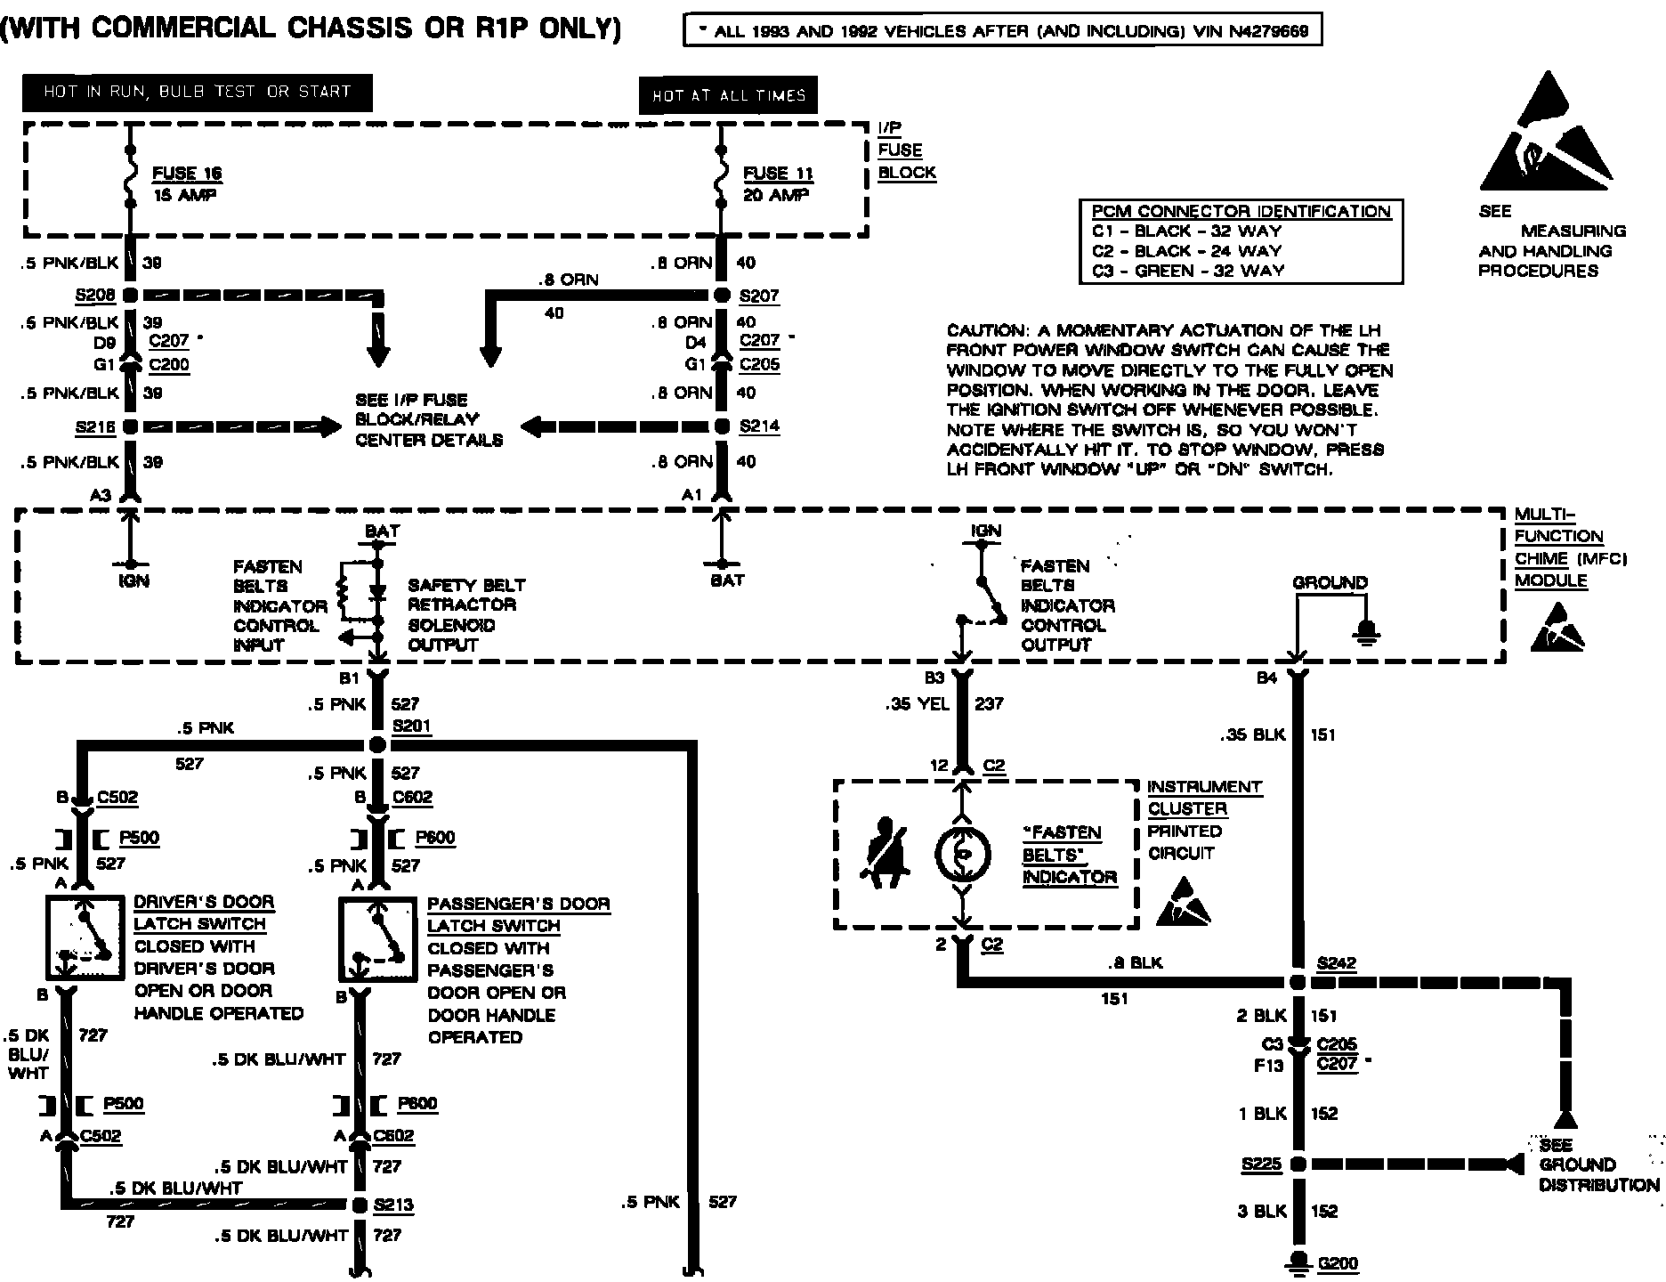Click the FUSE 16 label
click(187, 174)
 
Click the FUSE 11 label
click(779, 174)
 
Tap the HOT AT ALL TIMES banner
click(728, 96)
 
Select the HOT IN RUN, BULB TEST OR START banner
click(197, 92)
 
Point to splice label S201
click(412, 726)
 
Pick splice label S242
click(1338, 964)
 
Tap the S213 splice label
click(394, 1205)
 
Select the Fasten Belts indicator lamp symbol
click(962, 854)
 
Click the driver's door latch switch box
click(84, 937)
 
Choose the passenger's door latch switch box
click(377, 939)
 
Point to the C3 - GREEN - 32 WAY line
click(1187, 271)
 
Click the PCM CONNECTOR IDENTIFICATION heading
click(1241, 212)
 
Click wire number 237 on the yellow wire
click(989, 704)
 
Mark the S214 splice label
click(759, 426)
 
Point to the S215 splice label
click(96, 428)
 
